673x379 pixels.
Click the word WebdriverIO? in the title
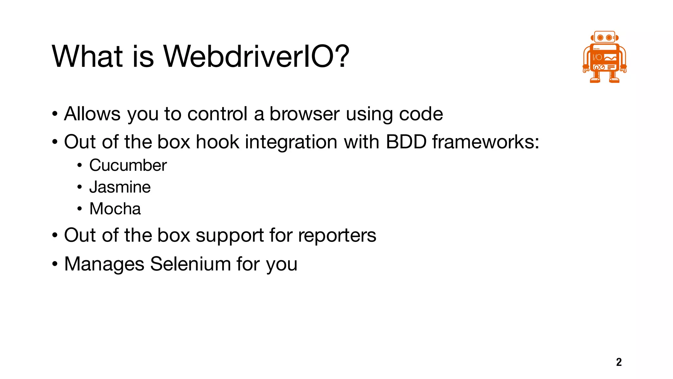pyautogui.click(x=256, y=57)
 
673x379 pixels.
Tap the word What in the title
pyautogui.click(x=87, y=57)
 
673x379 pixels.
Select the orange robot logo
pyautogui.click(x=604, y=57)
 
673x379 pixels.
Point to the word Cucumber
pyautogui.click(x=128, y=165)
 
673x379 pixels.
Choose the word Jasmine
pyautogui.click(x=120, y=187)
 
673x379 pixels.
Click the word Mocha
pyautogui.click(x=115, y=209)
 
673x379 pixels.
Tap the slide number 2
pyautogui.click(x=619, y=362)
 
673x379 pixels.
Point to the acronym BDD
pyautogui.click(x=406, y=142)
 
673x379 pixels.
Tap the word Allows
pyautogui.click(x=92, y=114)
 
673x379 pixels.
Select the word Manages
pyautogui.click(x=104, y=264)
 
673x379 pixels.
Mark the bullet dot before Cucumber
pyautogui.click(x=80, y=165)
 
